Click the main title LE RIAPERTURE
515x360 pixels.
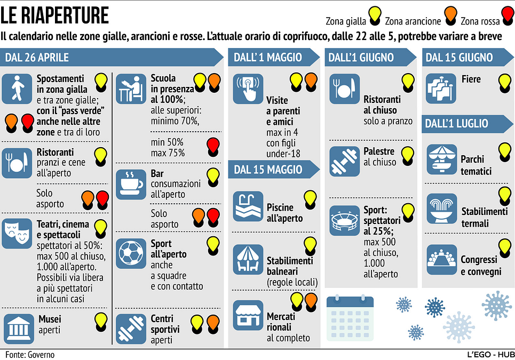[54, 15]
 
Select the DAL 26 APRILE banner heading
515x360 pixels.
[37, 58]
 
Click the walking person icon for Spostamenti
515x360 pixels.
[17, 89]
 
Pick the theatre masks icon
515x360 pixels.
[17, 233]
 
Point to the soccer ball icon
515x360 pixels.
[131, 253]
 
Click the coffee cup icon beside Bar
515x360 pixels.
[131, 185]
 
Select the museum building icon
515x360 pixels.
[19, 329]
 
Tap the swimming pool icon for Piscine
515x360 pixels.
[248, 206]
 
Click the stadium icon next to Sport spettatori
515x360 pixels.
[345, 220]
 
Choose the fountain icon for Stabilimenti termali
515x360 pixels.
[442, 209]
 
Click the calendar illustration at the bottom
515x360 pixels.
[350, 318]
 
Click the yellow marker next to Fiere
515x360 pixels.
[505, 83]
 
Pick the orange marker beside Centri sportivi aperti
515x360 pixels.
[213, 324]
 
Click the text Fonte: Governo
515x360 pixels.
[30, 355]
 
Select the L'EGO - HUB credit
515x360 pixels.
[491, 355]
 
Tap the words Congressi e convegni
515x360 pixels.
[481, 266]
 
